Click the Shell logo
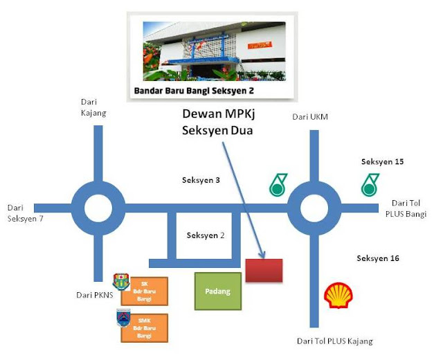pyautogui.click(x=338, y=296)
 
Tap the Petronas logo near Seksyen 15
pyautogui.click(x=369, y=185)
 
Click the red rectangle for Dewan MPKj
pyautogui.click(x=264, y=270)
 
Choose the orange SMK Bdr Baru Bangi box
pyautogui.click(x=144, y=327)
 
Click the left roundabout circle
pyautogui.click(x=98, y=207)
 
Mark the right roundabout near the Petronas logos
pyautogui.click(x=314, y=207)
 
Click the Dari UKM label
pyautogui.click(x=309, y=116)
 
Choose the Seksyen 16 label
pyautogui.click(x=378, y=258)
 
